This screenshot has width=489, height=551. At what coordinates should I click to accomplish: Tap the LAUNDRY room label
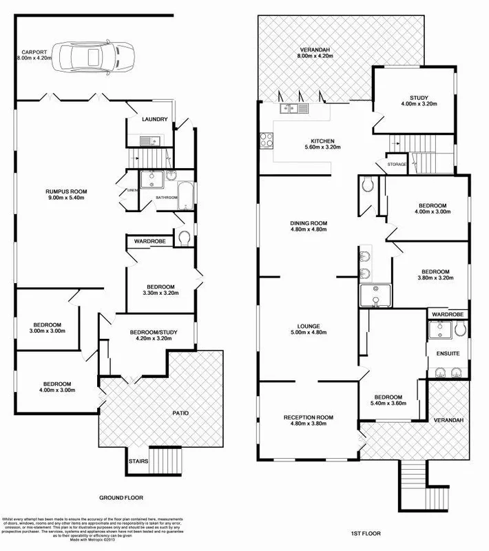click(x=155, y=119)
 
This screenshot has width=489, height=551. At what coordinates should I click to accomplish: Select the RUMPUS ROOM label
click(x=67, y=191)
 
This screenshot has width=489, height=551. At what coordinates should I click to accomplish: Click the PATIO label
click(x=180, y=413)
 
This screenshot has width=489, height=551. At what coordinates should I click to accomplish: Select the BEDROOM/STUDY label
click(x=154, y=333)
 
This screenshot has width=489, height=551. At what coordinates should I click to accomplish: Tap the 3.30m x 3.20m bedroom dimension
click(x=160, y=293)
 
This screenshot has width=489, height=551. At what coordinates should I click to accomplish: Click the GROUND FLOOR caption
click(x=121, y=497)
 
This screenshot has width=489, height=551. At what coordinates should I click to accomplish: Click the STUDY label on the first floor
click(x=417, y=97)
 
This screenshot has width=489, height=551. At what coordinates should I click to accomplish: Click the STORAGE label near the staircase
click(x=397, y=165)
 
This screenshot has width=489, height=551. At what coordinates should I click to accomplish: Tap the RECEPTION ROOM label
click(x=308, y=417)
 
